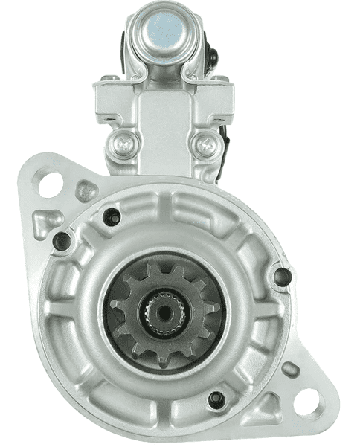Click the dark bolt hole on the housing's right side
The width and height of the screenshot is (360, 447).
click(281, 277)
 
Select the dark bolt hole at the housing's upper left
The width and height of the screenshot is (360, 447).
click(112, 216)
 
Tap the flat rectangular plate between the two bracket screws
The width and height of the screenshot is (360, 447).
click(163, 126)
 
